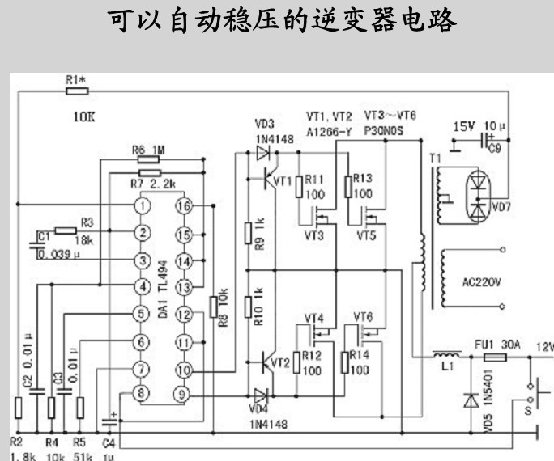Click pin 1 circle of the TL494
coord(143,206)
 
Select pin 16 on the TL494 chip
coord(184,206)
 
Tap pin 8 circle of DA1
coord(143,394)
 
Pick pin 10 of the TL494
coord(184,370)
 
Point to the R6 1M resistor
coord(148,160)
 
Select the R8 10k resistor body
coord(213,307)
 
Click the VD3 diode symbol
coord(262,151)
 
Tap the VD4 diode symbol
coord(262,395)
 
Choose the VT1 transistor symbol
coord(272,180)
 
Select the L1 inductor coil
coord(443,357)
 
